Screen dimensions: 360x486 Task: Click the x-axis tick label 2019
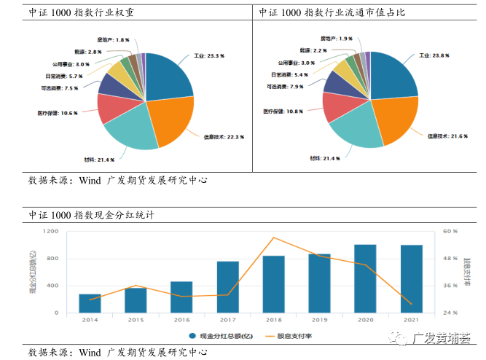(x=319, y=320)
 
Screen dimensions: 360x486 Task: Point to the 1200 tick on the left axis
(x=50, y=231)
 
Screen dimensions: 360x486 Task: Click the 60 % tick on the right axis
(x=450, y=231)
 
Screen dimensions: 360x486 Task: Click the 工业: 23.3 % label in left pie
(x=210, y=55)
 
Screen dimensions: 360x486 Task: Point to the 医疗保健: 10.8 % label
(x=283, y=111)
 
